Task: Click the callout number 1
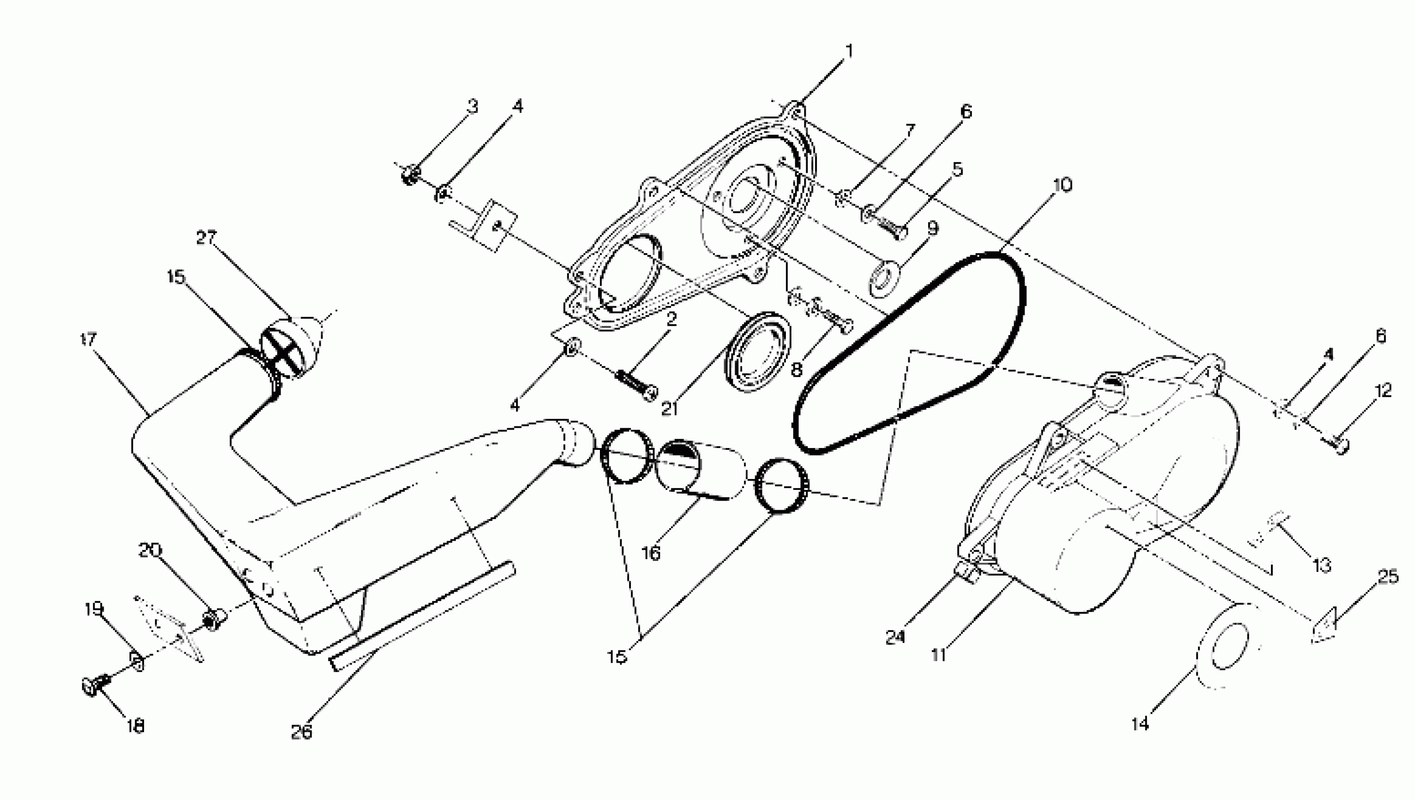[849, 52]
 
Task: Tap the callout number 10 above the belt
[1062, 185]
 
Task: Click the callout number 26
[301, 731]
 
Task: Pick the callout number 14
[1140, 724]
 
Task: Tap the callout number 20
[150, 550]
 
